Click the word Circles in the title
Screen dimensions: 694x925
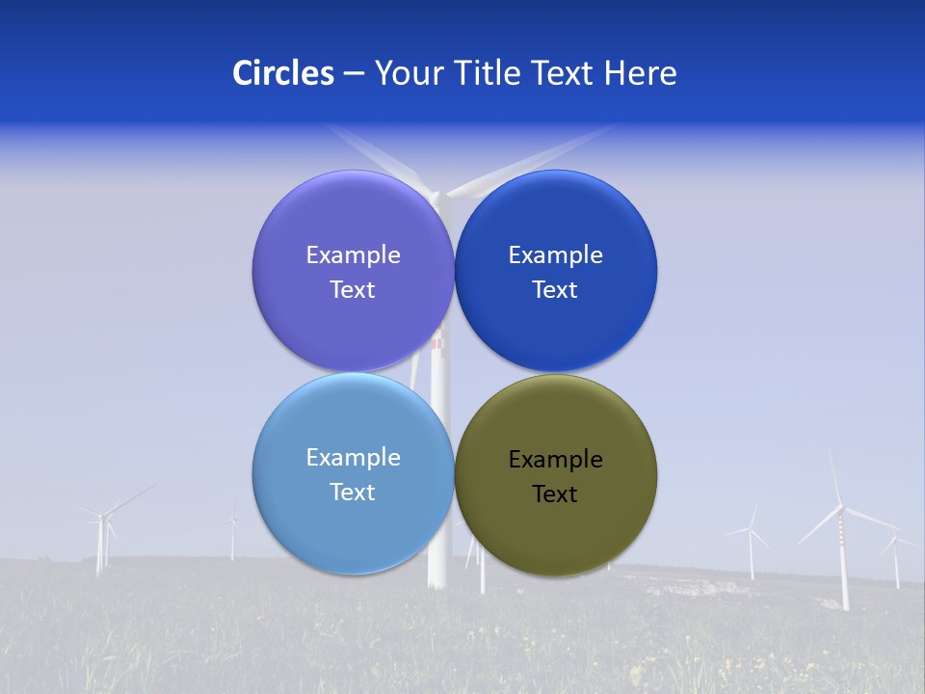[282, 73]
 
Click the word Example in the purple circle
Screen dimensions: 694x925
[353, 255]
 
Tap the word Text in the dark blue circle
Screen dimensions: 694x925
[555, 290]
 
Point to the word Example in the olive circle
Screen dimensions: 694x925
[555, 460]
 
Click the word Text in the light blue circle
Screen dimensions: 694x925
[353, 493]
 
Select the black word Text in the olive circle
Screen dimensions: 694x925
[555, 494]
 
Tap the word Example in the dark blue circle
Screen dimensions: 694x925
[555, 255]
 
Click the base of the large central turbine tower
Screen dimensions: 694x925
[438, 578]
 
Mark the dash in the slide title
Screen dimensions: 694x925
[354, 73]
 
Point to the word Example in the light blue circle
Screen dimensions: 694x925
[353, 458]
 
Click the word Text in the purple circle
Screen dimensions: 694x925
[353, 290]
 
